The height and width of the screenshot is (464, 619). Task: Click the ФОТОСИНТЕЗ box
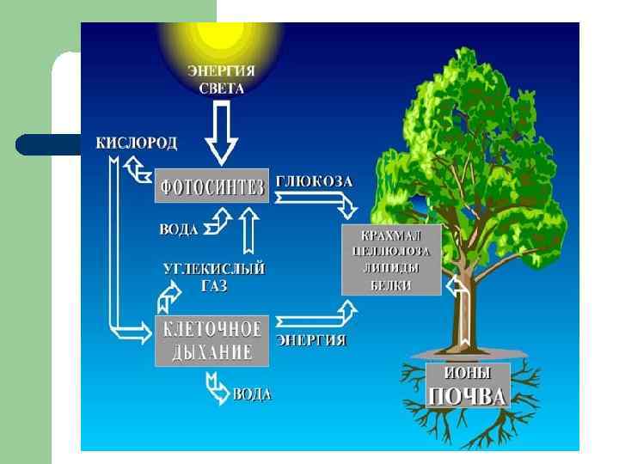click(211, 186)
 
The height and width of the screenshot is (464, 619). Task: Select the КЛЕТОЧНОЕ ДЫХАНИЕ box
click(211, 339)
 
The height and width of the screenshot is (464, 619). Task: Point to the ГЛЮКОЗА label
click(315, 182)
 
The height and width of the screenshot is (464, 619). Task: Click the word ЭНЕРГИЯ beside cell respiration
click(311, 340)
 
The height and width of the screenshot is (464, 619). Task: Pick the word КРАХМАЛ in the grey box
click(392, 235)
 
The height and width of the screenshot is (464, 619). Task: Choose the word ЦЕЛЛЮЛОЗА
click(392, 252)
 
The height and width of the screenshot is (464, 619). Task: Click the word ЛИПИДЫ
click(392, 268)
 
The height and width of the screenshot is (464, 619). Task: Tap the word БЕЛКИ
click(392, 284)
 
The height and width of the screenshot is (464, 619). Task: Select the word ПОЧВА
click(468, 396)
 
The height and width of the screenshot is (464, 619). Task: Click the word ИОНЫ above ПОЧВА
click(469, 375)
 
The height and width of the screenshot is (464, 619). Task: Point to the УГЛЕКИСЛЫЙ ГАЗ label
click(214, 277)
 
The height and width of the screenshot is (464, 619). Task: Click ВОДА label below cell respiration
click(252, 394)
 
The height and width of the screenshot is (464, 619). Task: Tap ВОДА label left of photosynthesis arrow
click(178, 230)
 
